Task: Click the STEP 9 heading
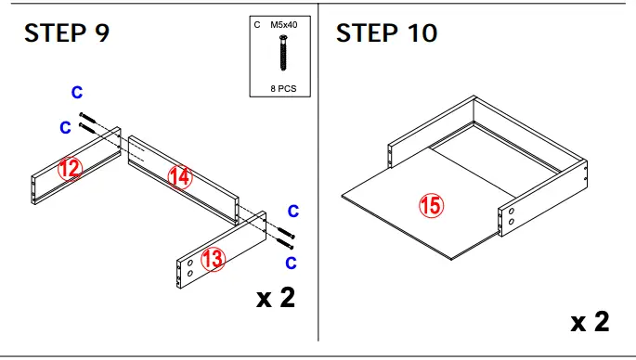coord(66,33)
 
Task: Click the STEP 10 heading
coord(386,33)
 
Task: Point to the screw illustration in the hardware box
coord(282,55)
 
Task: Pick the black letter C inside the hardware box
coord(257,26)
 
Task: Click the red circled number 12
coord(70,168)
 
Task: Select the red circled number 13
coord(214,259)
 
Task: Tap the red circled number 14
coord(179,176)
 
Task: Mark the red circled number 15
coord(430,206)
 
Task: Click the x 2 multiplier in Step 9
coord(276,299)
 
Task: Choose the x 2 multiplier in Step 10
coord(590,322)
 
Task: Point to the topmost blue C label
coord(77,92)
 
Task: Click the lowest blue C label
coord(291,263)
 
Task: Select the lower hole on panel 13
coord(190,275)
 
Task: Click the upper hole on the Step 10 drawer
coord(511,212)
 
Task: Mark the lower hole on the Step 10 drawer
coord(511,224)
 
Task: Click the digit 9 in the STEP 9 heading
coord(100,33)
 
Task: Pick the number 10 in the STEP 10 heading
coord(420,33)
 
